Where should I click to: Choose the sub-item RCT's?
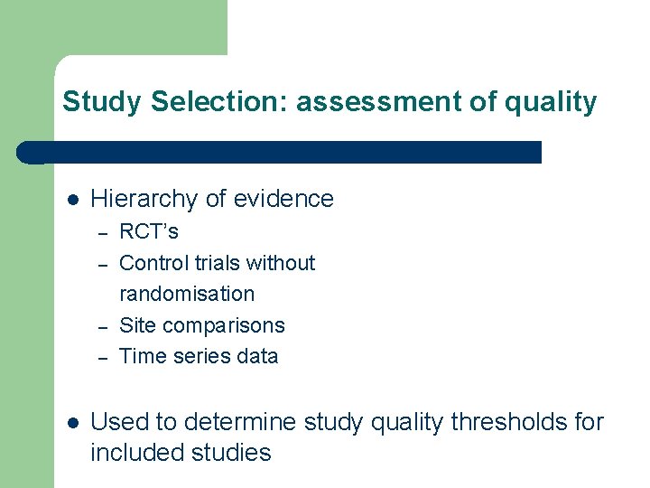tap(149, 231)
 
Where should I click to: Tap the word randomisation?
tap(187, 294)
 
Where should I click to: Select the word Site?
tap(136, 325)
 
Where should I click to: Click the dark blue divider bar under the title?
tap(280, 152)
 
